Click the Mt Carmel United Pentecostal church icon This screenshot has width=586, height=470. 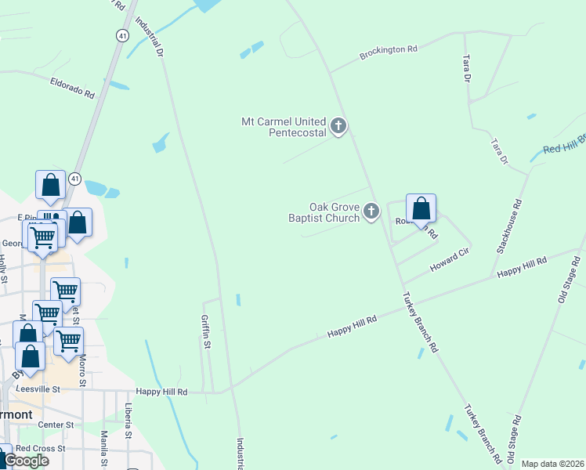click(x=338, y=126)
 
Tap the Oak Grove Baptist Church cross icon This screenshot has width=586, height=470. click(x=371, y=211)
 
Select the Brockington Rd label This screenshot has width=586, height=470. click(x=388, y=52)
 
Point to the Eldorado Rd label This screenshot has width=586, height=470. click(x=72, y=87)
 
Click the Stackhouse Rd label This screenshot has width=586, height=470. click(x=509, y=227)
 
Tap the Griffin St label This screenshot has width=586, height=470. click(x=207, y=332)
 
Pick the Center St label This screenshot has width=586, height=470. click(x=55, y=425)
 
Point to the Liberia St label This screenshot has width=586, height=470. click(x=128, y=421)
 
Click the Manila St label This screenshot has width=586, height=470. click(x=104, y=448)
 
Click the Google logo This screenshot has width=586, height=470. click(x=27, y=461)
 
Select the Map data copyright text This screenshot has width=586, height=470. click(x=552, y=464)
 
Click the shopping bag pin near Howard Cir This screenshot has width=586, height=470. click(x=421, y=209)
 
